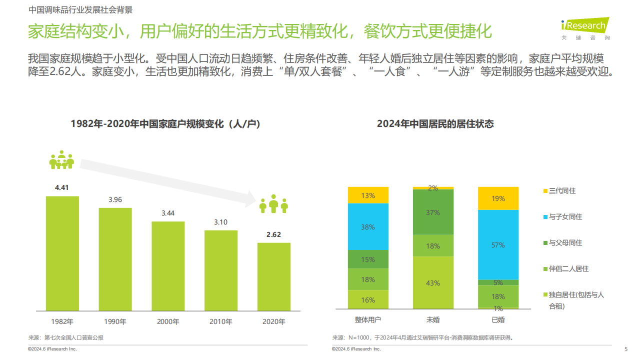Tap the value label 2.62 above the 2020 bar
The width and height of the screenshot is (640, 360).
273,234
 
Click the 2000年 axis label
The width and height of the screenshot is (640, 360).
168,321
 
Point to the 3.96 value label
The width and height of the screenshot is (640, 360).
115,199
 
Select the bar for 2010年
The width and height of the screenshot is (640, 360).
220,270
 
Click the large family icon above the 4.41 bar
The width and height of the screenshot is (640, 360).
61,159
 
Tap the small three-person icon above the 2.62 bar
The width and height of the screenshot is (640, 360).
273,204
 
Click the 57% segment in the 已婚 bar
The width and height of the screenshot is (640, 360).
498,245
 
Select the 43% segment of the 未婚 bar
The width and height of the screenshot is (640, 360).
433,283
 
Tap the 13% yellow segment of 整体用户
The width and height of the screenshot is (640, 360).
368,195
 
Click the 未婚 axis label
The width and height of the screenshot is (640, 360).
433,319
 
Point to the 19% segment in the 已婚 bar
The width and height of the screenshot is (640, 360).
498,198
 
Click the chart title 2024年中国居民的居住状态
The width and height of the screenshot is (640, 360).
435,124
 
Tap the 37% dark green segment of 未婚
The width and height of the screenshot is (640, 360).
433,212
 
